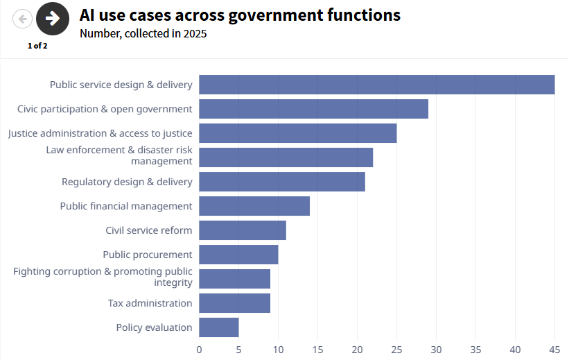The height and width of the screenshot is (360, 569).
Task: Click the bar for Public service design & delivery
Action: click(376, 85)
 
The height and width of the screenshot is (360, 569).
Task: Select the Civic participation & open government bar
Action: click(313, 109)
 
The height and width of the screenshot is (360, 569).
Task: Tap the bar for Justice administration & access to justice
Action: click(297, 133)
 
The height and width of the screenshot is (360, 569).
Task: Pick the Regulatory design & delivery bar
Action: click(281, 182)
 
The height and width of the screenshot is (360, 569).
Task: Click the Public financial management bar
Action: click(254, 206)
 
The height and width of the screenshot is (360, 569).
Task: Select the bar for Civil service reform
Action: click(242, 230)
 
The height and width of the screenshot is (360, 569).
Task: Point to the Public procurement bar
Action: click(238, 255)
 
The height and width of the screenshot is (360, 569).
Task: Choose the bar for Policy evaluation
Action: click(218, 327)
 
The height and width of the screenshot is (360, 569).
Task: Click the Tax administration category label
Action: click(150, 303)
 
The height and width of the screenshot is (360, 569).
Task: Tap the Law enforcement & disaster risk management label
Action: click(119, 155)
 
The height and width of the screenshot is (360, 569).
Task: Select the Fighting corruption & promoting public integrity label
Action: click(103, 277)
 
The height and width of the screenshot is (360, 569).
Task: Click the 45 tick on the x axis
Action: click(554, 350)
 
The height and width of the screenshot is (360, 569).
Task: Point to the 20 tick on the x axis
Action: click(357, 350)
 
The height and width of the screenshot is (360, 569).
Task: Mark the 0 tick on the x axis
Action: click(199, 350)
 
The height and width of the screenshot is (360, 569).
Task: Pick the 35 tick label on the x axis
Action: click(475, 350)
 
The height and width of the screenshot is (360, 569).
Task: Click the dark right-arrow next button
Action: click(53, 19)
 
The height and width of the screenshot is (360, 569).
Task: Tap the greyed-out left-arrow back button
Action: click(22, 19)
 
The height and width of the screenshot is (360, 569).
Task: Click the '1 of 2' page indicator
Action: click(37, 46)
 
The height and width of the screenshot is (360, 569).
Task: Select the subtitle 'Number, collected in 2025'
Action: click(143, 33)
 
